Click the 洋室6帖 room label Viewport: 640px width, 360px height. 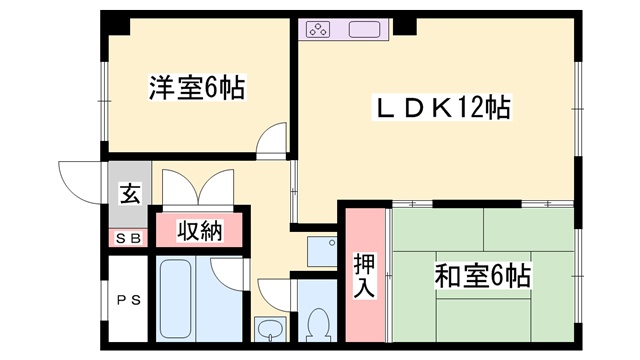pos(197,89)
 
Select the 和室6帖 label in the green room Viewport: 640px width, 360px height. pos(481,274)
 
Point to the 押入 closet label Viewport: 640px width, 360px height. pos(365,274)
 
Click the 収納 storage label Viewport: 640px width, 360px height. pos(199,230)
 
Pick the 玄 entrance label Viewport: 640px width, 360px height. pos(130,194)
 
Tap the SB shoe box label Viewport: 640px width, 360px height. pos(128,238)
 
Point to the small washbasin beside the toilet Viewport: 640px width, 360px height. pos(270,328)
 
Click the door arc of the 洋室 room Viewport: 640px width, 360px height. pos(271,141)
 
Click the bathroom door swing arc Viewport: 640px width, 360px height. pos(228,275)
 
